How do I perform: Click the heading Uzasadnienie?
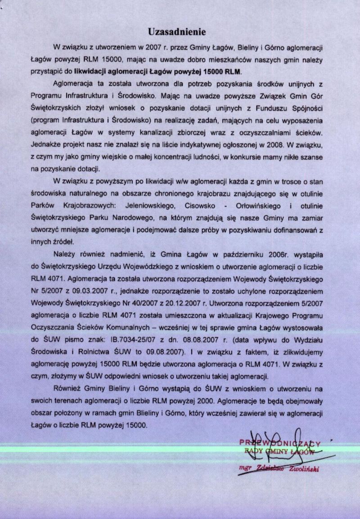177,32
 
